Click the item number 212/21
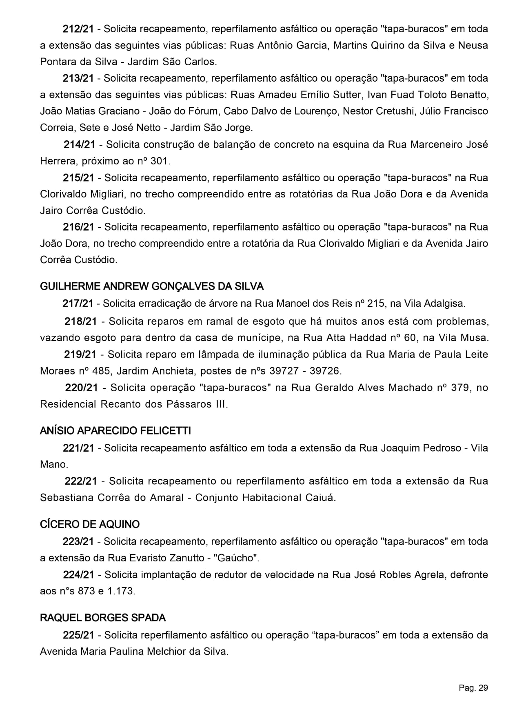click(x=78, y=29)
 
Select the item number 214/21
click(x=79, y=144)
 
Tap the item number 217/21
click(x=78, y=304)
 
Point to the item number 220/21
click(x=82, y=388)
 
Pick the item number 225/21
click(x=78, y=635)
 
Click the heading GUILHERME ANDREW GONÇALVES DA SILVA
click(x=151, y=286)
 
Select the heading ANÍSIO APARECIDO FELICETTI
click(x=115, y=431)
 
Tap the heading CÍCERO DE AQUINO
click(x=90, y=524)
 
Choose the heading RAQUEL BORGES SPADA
click(x=103, y=618)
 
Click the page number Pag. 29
click(x=473, y=688)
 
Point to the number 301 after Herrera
click(x=159, y=161)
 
